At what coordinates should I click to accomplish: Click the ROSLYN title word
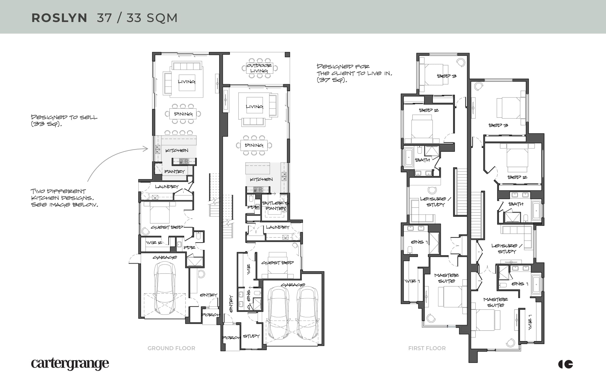59,18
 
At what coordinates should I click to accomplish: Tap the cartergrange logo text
70,364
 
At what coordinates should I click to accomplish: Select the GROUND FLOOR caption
171,348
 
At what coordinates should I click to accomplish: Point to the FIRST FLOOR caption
427,348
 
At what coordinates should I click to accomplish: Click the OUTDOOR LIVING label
259,68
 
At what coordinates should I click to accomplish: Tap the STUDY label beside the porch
251,336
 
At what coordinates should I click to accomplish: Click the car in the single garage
165,288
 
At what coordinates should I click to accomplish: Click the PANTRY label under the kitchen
174,171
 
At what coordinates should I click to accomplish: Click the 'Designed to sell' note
64,120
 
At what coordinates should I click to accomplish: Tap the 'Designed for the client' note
354,73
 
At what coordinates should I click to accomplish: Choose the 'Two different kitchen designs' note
64,198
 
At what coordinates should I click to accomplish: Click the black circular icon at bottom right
566,364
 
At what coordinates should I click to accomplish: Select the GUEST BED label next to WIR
277,262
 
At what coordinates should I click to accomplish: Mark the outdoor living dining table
259,68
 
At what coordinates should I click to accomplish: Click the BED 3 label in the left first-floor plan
447,76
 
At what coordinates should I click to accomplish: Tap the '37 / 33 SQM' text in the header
137,18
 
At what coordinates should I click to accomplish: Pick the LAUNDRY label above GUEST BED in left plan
166,186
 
